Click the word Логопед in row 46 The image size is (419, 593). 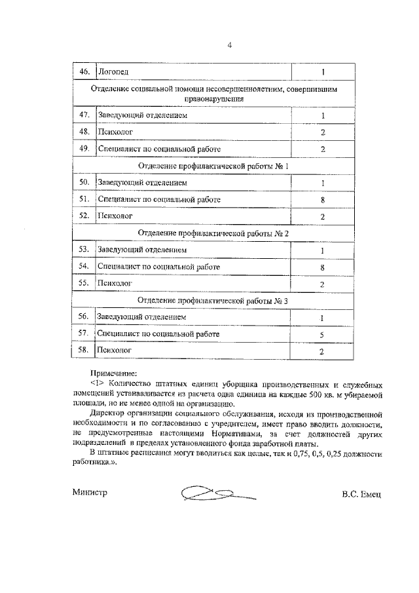click(113, 71)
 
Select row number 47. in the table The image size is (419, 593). click(83, 115)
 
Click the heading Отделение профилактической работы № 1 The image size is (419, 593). click(213, 166)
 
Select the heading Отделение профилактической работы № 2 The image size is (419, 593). click(213, 233)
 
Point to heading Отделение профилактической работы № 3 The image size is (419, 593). click(213, 301)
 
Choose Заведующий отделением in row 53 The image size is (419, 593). click(142, 250)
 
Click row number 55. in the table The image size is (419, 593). click(83, 284)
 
